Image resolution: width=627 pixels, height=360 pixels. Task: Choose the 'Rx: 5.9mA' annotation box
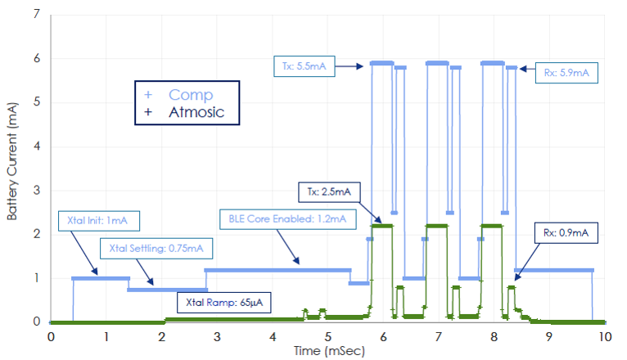tap(566, 74)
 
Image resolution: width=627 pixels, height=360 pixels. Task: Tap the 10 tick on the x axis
tap(605, 335)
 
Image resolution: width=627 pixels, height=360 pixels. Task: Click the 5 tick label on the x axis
tap(327, 335)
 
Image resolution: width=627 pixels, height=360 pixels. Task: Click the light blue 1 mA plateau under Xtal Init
tap(99, 278)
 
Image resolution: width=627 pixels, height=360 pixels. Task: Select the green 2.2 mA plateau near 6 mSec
tap(381, 226)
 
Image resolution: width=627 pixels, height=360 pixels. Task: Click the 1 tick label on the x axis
tap(106, 335)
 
